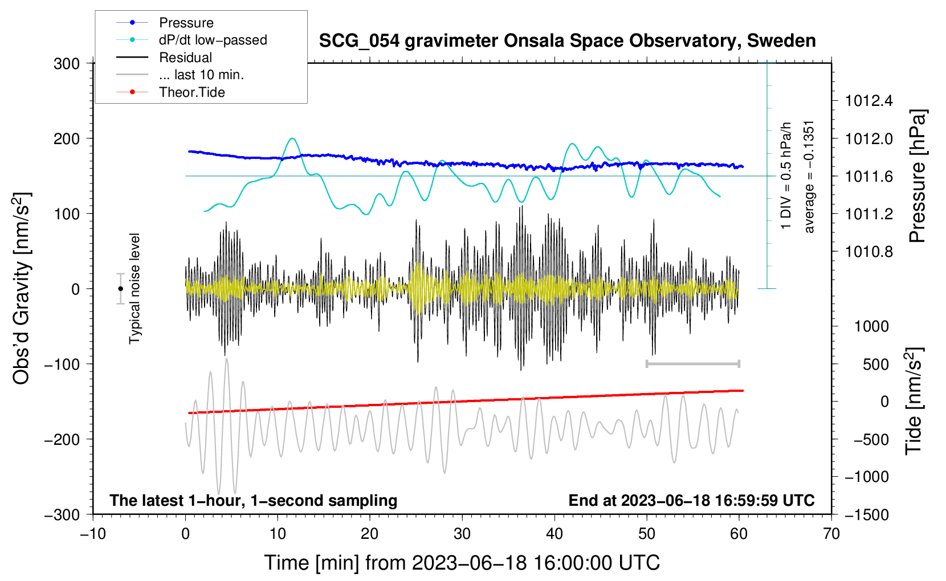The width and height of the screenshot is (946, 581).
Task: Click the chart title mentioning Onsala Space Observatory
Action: pos(567,41)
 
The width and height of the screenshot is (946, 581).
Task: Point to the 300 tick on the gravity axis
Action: pos(67,64)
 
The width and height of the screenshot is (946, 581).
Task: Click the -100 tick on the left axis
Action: pos(62,364)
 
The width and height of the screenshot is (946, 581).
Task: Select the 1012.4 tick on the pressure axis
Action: pos(868,101)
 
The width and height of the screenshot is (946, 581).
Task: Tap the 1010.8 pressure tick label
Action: pos(868,252)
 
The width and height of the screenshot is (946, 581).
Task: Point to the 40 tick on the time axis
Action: pos(554,534)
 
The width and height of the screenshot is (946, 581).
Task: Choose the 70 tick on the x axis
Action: pos(831,534)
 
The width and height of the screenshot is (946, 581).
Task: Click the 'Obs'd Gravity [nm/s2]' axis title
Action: pos(21,288)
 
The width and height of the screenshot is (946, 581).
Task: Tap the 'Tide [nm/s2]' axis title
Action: pos(914,401)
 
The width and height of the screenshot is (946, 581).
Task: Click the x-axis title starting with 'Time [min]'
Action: pos(462,563)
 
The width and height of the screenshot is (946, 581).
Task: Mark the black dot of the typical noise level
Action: pos(120,289)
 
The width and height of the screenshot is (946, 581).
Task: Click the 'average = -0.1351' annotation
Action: pos(809,177)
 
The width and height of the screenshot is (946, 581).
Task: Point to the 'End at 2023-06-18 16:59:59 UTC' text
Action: pos(691,500)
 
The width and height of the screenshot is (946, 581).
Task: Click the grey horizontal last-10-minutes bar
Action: pos(693,363)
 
